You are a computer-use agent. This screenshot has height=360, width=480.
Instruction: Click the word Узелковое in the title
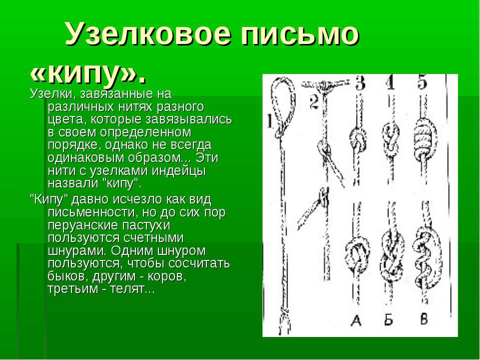[x=148, y=33]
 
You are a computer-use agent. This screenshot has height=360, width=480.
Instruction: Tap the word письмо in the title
[x=299, y=33]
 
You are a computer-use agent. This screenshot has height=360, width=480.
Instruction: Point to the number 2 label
[x=314, y=102]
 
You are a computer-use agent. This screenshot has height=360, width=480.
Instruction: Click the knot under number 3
[x=358, y=139]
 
